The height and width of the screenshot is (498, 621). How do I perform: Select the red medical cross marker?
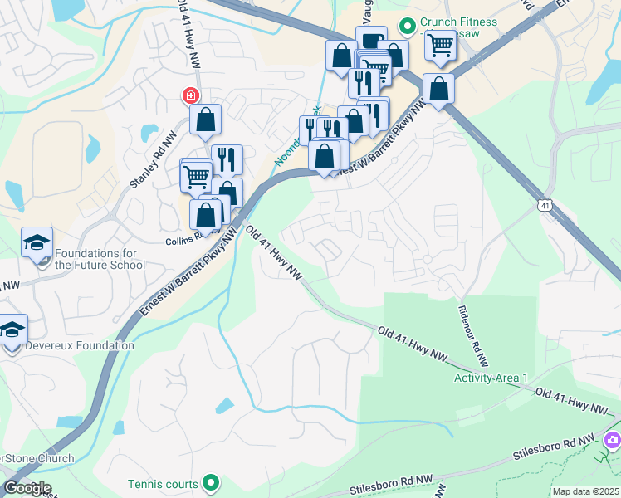(x=191, y=96)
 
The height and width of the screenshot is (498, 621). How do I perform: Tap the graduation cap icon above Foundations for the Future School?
(x=37, y=242)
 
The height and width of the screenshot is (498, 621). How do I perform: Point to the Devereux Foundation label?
(x=80, y=345)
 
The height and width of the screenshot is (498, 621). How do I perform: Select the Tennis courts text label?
(x=163, y=484)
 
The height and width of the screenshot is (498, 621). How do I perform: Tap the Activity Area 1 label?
(x=491, y=378)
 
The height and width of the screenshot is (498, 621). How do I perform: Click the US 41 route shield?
(x=544, y=204)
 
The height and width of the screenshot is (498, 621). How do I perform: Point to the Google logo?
(x=27, y=488)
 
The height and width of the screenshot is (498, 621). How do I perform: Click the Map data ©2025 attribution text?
(x=585, y=491)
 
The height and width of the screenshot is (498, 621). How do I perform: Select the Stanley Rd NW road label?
(x=149, y=176)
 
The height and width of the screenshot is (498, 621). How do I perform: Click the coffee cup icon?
(x=371, y=40)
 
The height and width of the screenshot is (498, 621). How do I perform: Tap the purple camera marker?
(x=613, y=439)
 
